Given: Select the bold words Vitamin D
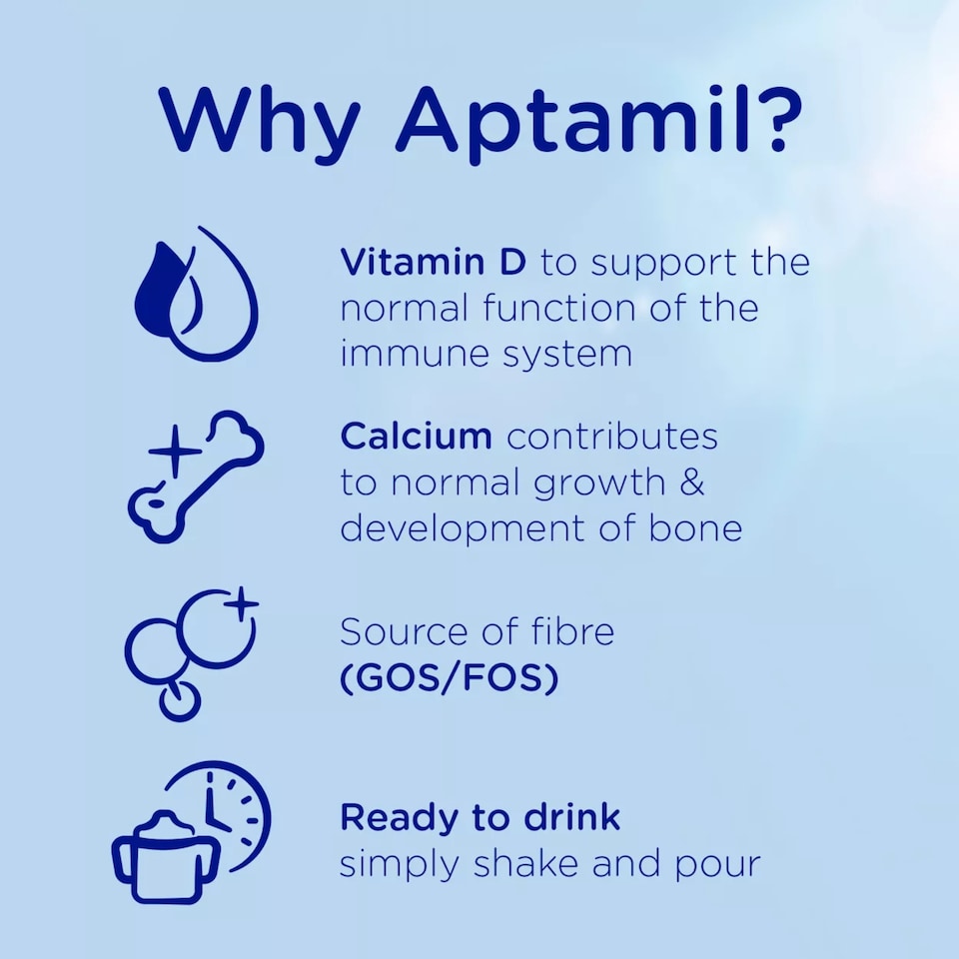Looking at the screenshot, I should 437,263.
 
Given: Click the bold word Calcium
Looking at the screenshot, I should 416,436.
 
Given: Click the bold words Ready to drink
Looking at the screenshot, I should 479,817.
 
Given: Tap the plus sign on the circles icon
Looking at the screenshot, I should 241,603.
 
